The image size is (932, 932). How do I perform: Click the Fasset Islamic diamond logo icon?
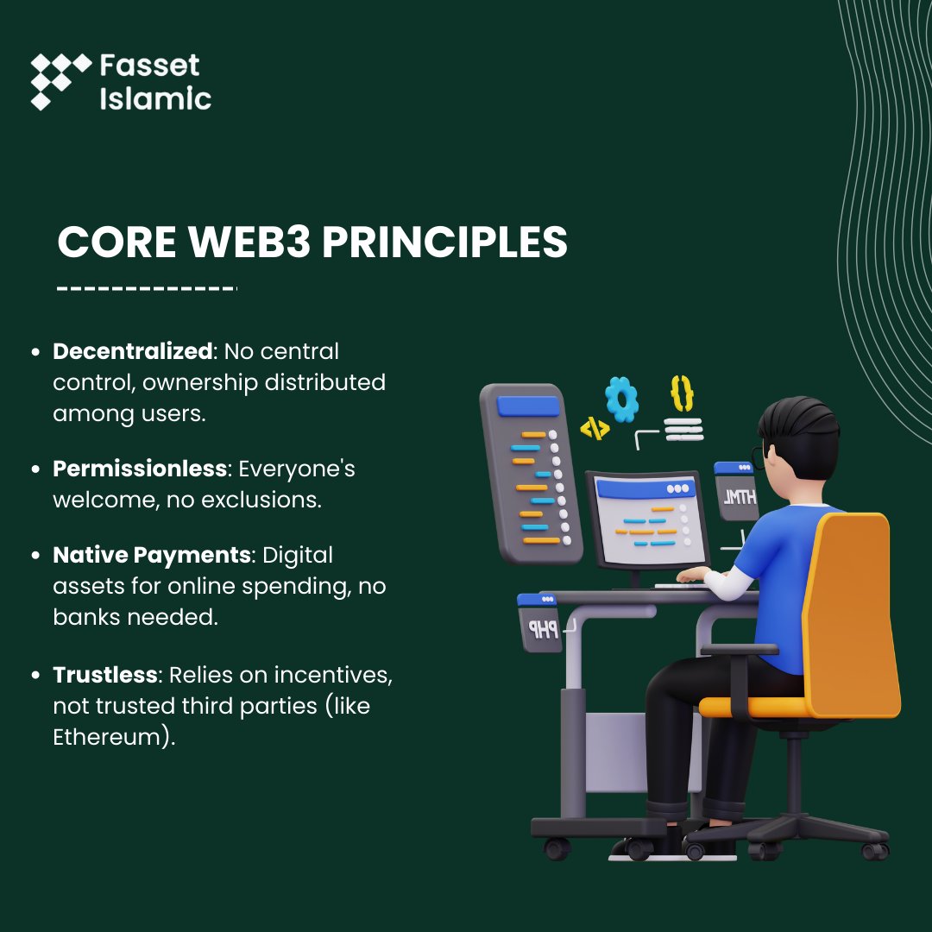[x=60, y=81]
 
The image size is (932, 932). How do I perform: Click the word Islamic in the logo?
[x=155, y=98]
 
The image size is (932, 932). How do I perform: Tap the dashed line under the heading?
[x=146, y=287]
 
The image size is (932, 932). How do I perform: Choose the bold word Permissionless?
[x=140, y=469]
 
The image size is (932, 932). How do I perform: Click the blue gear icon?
[x=621, y=399]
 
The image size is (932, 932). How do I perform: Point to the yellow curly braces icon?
[x=682, y=393]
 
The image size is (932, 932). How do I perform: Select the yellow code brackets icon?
[x=595, y=427]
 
